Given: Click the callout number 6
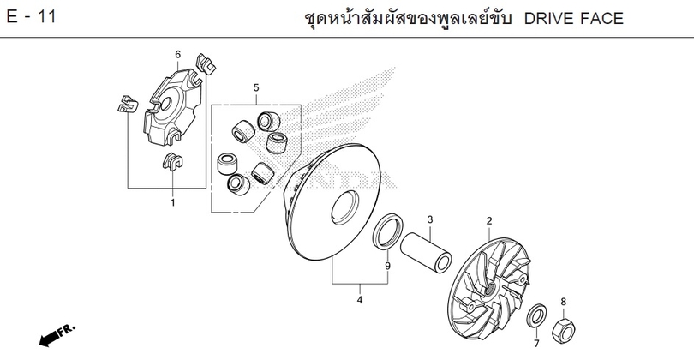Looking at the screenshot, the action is (178, 55).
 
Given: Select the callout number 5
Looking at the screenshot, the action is (256, 87).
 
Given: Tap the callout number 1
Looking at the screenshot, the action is (173, 203).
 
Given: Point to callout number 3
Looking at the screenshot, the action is (430, 219).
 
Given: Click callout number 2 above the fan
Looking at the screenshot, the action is (489, 220).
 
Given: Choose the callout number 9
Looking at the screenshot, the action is (388, 266).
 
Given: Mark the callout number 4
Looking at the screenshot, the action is (360, 300).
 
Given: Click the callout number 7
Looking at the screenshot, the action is (536, 343).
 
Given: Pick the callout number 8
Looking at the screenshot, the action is (564, 302).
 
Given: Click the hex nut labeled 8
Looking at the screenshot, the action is (564, 330).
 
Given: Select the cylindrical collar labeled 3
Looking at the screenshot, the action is (426, 251).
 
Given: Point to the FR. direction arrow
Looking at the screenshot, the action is (57, 335).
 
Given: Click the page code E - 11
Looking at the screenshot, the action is (31, 17).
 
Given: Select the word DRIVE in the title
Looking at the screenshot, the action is (555, 19).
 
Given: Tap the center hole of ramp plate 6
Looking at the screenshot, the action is (167, 104).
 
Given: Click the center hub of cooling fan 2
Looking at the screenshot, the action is (489, 290).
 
